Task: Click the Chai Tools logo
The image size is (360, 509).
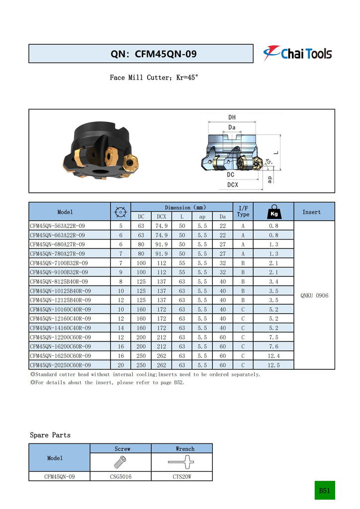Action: (x=297, y=53)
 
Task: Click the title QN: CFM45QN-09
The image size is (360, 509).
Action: (x=153, y=54)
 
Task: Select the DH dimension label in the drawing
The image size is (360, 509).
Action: (x=232, y=117)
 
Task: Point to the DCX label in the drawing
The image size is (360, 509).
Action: (x=232, y=184)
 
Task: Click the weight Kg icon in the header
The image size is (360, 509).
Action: (x=273, y=212)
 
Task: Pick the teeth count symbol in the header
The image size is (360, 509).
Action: (x=120, y=212)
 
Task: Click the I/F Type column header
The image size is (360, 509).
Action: (x=243, y=211)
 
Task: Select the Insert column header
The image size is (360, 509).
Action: (x=311, y=212)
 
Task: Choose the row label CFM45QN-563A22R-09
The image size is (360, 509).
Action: (x=58, y=226)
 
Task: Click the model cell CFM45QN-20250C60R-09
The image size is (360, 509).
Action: (x=61, y=365)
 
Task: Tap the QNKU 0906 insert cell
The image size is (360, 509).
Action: (x=314, y=295)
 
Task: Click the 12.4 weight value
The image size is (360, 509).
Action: (x=273, y=355)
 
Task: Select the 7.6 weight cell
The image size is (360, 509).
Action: (x=273, y=346)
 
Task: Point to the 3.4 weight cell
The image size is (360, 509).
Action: (x=273, y=281)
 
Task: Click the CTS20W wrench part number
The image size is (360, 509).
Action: (x=183, y=476)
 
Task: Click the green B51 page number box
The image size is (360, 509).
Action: (x=325, y=491)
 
